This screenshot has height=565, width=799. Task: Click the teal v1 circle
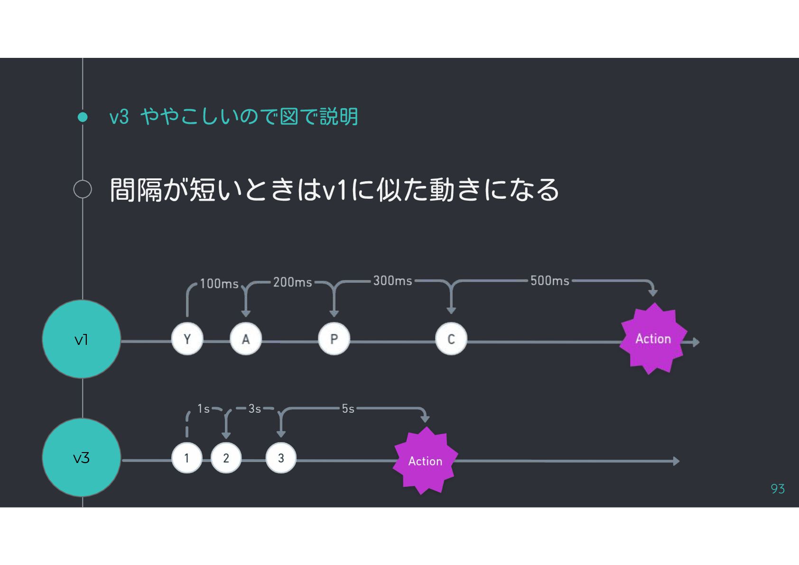82,339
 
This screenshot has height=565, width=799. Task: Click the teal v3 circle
82,458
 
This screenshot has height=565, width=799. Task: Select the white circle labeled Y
187,339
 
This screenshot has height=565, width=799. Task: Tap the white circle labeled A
246,339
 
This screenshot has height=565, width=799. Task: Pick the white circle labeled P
334,339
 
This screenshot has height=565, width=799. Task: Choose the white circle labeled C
451,339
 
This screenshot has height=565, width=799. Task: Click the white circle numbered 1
186,458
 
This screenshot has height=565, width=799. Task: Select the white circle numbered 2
226,458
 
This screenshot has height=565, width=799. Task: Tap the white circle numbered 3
281,458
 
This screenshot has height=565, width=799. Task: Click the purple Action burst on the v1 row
653,339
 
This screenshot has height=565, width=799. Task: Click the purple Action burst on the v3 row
425,461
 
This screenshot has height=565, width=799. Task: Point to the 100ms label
219,284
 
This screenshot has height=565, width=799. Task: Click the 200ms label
292,282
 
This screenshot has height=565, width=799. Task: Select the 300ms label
392,280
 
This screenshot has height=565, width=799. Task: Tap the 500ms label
549,280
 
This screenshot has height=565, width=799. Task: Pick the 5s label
348,408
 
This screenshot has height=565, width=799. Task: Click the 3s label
255,408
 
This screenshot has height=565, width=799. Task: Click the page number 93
778,489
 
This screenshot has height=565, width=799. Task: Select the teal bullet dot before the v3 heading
83,117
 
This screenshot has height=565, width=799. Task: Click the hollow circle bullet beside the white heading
83,189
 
